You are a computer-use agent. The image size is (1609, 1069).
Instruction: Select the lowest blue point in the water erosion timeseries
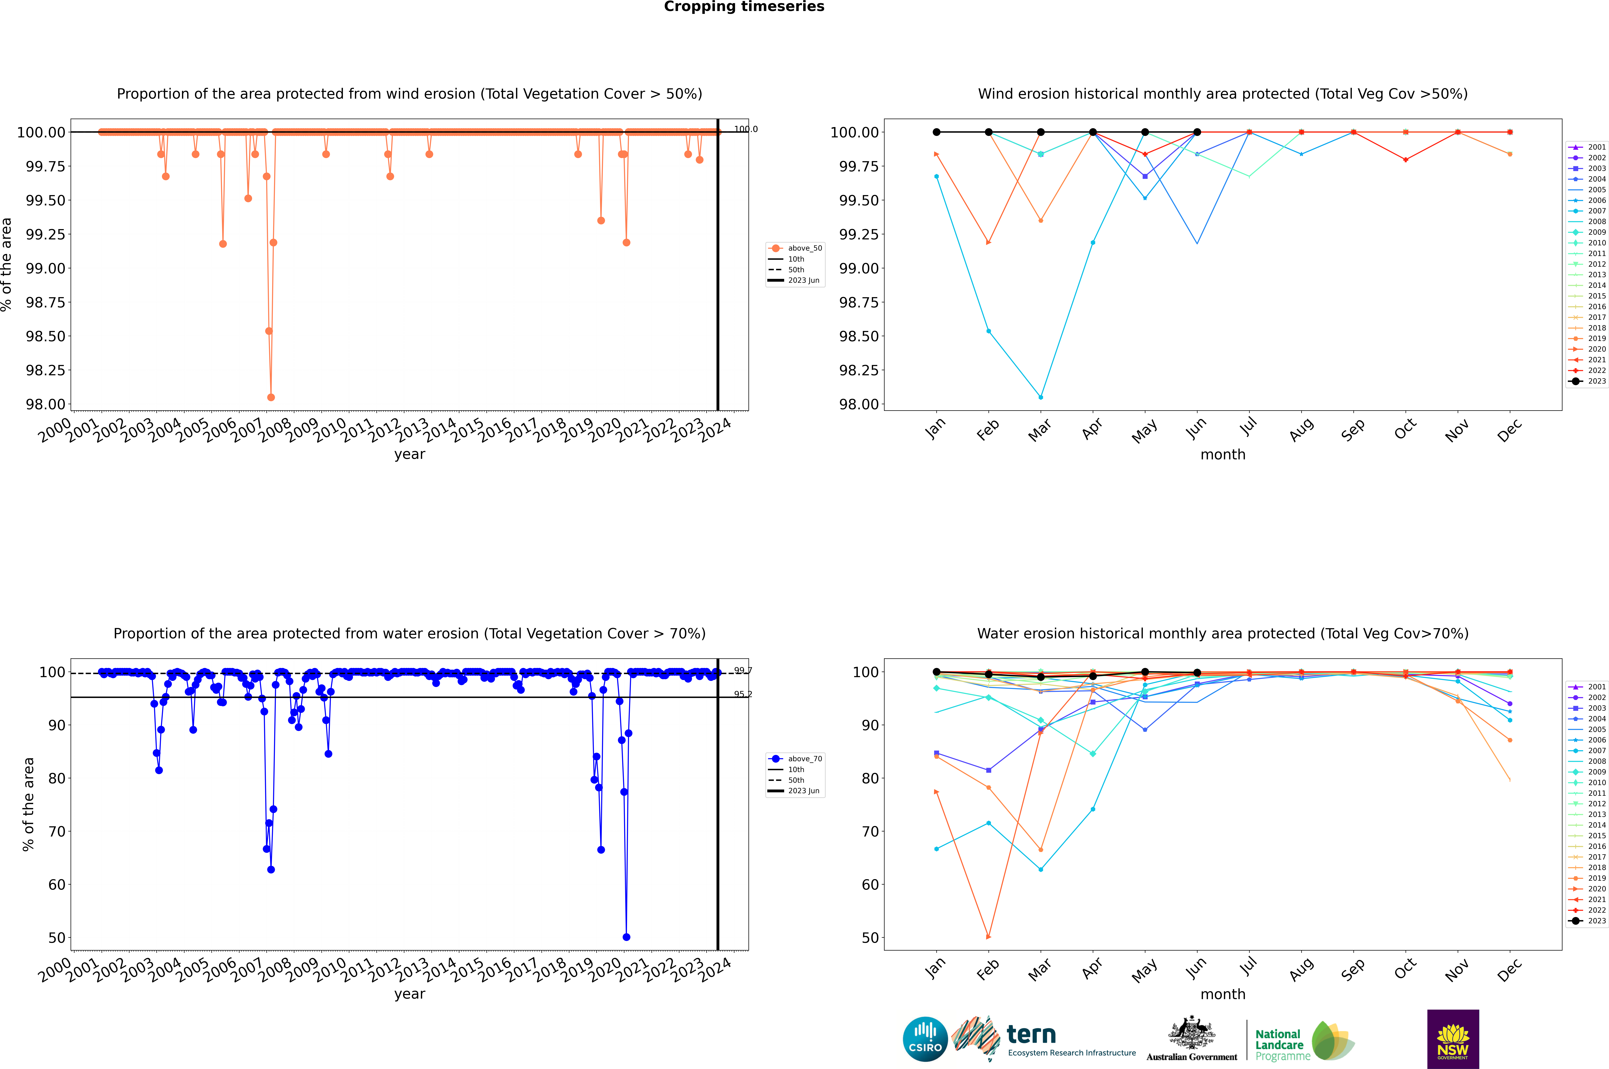coord(626,937)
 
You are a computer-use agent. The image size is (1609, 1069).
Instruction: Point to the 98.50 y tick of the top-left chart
coord(46,336)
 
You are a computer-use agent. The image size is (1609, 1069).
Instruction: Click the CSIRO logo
coord(925,1039)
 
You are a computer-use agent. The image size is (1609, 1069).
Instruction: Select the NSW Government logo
coord(1453,1039)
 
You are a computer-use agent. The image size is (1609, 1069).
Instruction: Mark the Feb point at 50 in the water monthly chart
coord(988,937)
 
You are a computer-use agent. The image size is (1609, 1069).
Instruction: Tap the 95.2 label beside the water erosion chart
coord(743,694)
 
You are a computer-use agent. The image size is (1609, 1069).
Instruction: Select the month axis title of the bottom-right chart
coord(1222,994)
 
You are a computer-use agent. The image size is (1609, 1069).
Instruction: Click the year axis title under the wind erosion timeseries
coord(409,454)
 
